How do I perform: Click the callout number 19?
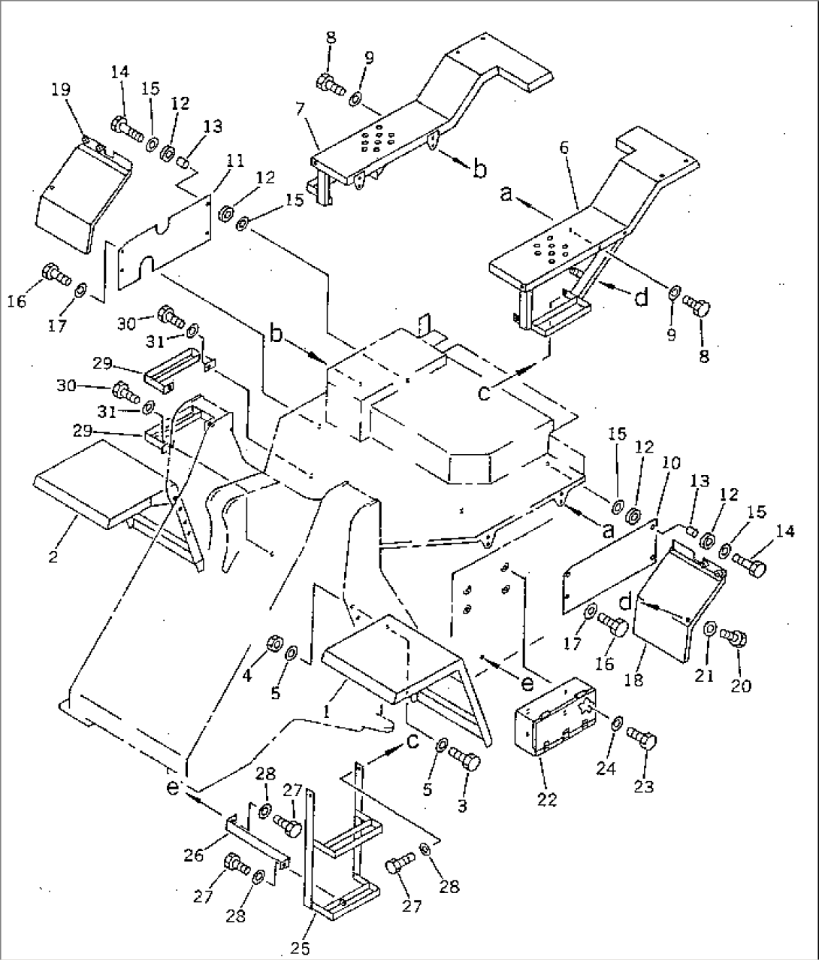[x=61, y=89]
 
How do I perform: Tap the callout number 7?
[x=301, y=109]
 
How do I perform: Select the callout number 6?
[x=564, y=147]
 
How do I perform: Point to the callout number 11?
[x=235, y=161]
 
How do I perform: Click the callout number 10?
[x=671, y=462]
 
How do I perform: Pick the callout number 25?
[x=300, y=947]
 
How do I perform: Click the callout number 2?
[x=53, y=556]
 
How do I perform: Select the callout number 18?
[x=634, y=680]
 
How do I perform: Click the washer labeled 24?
[x=617, y=723]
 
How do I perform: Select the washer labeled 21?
[x=710, y=629]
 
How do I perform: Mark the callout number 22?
[x=546, y=799]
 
